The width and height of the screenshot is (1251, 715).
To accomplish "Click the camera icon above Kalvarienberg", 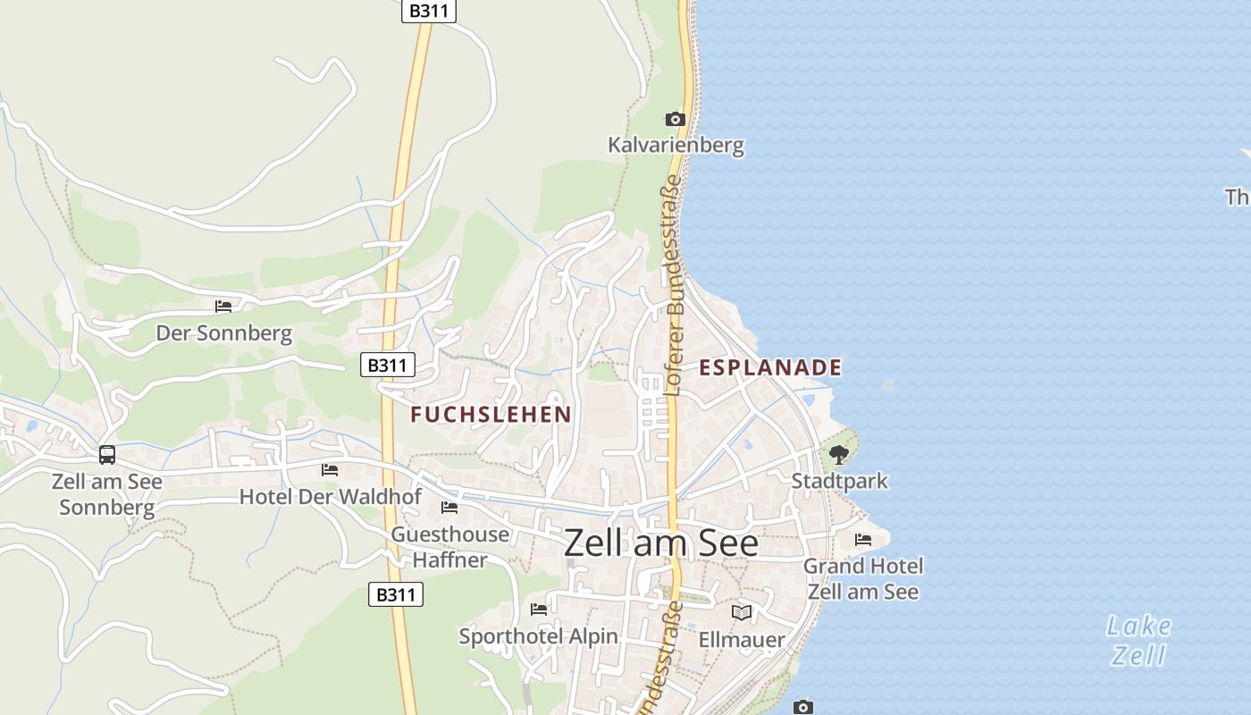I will coord(675,119).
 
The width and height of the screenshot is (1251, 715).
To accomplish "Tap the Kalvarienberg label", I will coord(676,145).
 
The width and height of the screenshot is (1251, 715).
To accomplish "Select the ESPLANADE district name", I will coord(770,367).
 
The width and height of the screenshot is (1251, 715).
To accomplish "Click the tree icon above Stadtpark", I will coord(838,455).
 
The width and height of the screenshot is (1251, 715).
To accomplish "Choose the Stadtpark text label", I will coord(840,481).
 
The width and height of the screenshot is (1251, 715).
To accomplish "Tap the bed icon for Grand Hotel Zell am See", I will coord(863,540).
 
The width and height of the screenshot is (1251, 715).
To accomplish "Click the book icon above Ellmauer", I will coord(742,612).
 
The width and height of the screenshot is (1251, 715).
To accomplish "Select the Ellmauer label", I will coord(742,639).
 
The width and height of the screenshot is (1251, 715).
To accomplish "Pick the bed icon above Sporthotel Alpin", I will coord(539,610).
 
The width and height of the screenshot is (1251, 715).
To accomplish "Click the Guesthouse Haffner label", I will coord(450,547).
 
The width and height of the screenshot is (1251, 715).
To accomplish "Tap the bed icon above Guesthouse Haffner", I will coord(449,508).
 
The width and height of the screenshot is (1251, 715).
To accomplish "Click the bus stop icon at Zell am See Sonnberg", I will coord(107,455).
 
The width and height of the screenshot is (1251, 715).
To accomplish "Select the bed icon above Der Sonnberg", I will coord(223,307).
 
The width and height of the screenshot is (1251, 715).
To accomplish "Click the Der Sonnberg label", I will coord(224,333).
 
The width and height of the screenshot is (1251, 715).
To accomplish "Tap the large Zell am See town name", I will coord(661,543).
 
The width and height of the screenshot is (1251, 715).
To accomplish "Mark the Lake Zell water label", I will coord(1139,640).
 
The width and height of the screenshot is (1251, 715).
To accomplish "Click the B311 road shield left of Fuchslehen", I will coord(388,365).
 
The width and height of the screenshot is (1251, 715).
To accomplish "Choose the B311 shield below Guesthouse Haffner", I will coord(396,594).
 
